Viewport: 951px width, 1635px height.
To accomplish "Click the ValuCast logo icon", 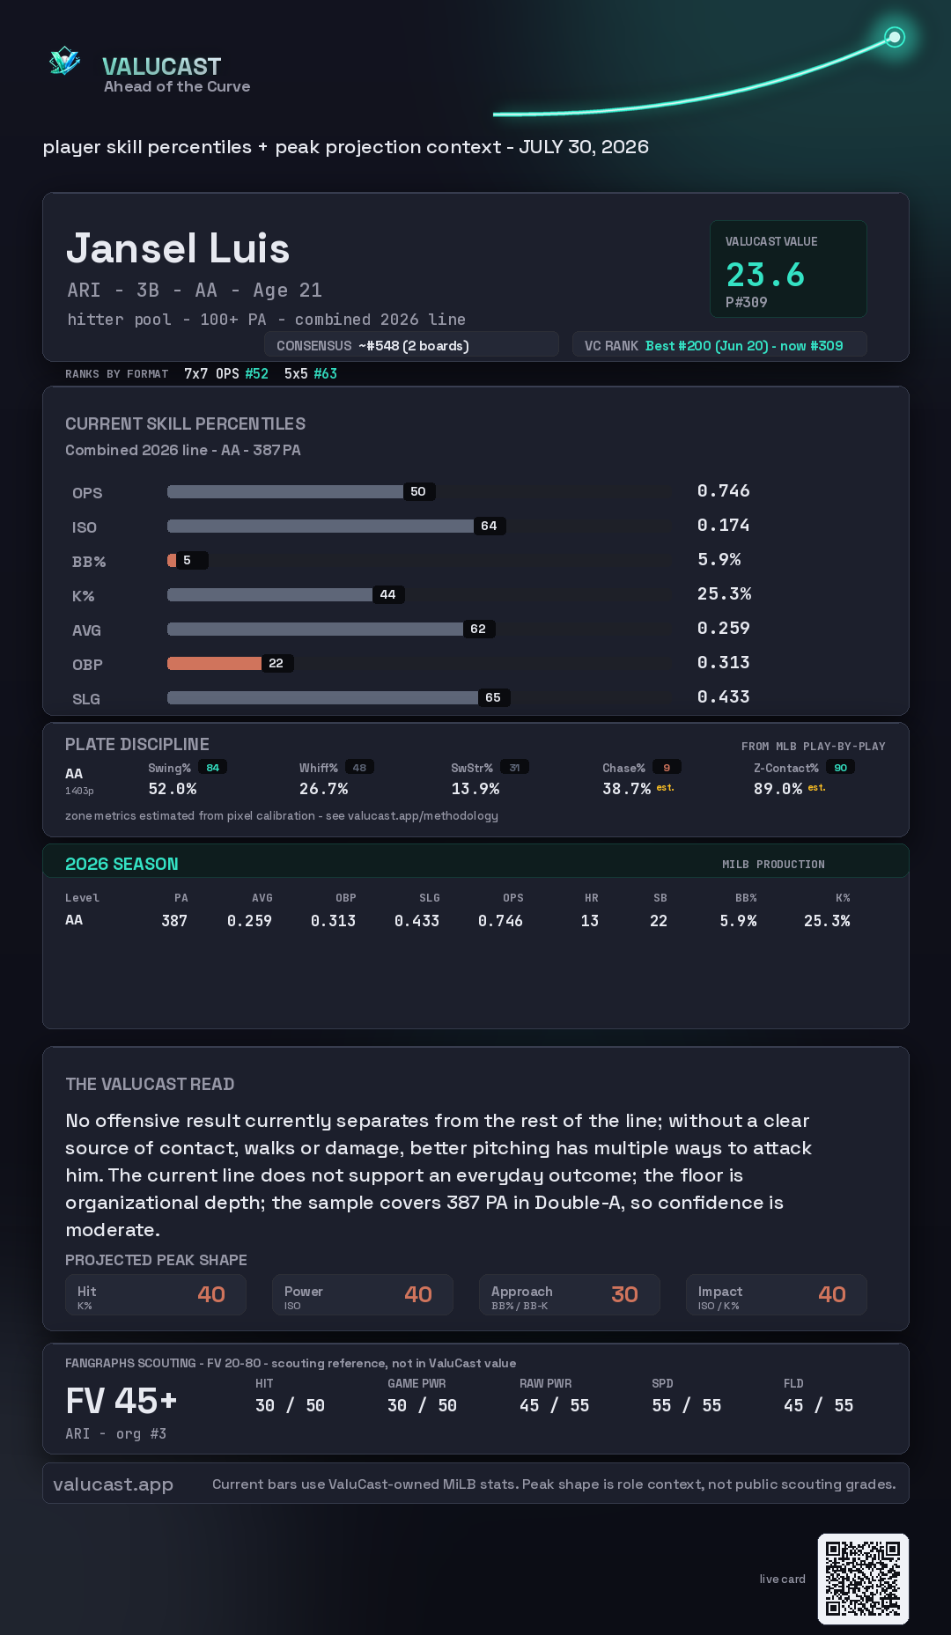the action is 64,61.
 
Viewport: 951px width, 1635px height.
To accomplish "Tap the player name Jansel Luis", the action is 178,248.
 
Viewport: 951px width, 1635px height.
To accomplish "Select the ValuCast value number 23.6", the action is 765,275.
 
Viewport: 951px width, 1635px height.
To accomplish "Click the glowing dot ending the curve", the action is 895,37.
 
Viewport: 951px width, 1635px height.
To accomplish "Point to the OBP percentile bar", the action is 214,663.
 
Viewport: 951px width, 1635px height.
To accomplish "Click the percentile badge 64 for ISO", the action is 489,526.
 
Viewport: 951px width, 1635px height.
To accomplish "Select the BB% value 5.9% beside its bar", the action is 719,560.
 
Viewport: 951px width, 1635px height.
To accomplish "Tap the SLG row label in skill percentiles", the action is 86,699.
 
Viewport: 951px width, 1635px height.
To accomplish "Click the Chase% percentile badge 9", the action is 667,768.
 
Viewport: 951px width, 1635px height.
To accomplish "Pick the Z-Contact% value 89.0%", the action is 778,789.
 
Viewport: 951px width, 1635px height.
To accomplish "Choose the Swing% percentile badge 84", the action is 212,768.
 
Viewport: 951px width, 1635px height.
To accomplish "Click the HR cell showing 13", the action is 590,921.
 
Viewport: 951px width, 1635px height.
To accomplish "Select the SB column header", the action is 660,898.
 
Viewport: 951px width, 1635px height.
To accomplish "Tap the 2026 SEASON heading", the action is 122,864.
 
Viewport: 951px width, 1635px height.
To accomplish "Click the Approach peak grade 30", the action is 624,1294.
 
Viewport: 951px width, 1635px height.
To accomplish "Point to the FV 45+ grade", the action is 122,1401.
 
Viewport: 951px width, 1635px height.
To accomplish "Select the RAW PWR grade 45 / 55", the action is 555,1406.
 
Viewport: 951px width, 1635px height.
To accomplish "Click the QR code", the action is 863,1579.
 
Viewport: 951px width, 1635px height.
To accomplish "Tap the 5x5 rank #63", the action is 325,373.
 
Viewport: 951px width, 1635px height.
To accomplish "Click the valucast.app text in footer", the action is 113,1484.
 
